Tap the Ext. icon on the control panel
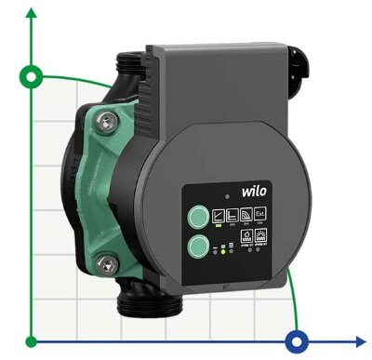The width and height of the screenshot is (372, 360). click(260, 215)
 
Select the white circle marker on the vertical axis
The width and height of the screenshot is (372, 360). click(33, 76)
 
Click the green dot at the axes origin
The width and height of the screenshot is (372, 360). click(33, 340)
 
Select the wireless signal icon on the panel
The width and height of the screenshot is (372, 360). click(245, 215)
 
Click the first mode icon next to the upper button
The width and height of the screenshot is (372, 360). click(219, 215)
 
